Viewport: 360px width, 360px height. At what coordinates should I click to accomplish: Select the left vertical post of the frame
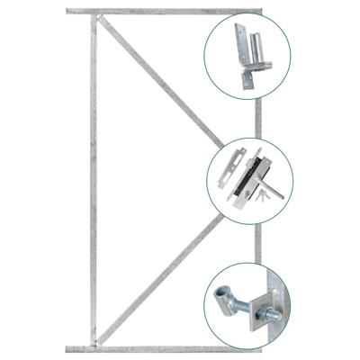pyautogui.click(x=93, y=180)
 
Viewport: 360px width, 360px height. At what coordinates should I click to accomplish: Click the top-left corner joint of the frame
pyautogui.click(x=93, y=13)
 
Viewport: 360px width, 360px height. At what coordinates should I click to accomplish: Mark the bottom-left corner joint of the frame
pyautogui.click(x=93, y=347)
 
